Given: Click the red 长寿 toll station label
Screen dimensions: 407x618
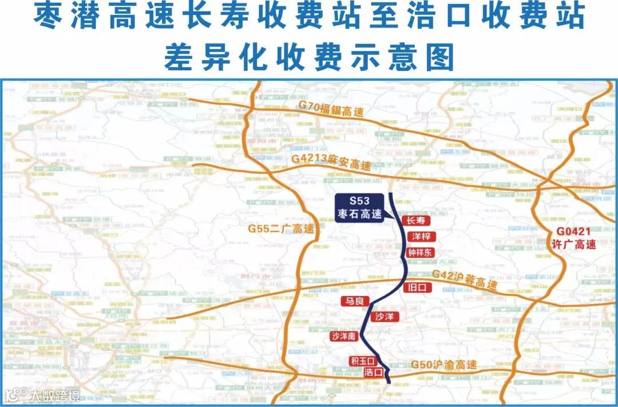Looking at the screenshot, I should click(x=415, y=220).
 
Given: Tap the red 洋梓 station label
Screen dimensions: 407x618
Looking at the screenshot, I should click(x=421, y=236).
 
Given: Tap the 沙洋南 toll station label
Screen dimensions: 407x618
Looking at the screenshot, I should click(x=344, y=337).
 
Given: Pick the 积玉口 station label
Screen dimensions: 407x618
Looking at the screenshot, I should click(x=362, y=361).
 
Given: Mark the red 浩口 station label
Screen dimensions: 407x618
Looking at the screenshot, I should click(x=373, y=372).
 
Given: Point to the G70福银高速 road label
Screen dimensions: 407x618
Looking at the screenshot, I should click(x=331, y=109).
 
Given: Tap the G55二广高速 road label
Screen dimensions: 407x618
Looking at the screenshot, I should click(x=281, y=229).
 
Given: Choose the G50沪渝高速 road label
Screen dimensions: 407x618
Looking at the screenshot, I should click(x=443, y=365).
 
